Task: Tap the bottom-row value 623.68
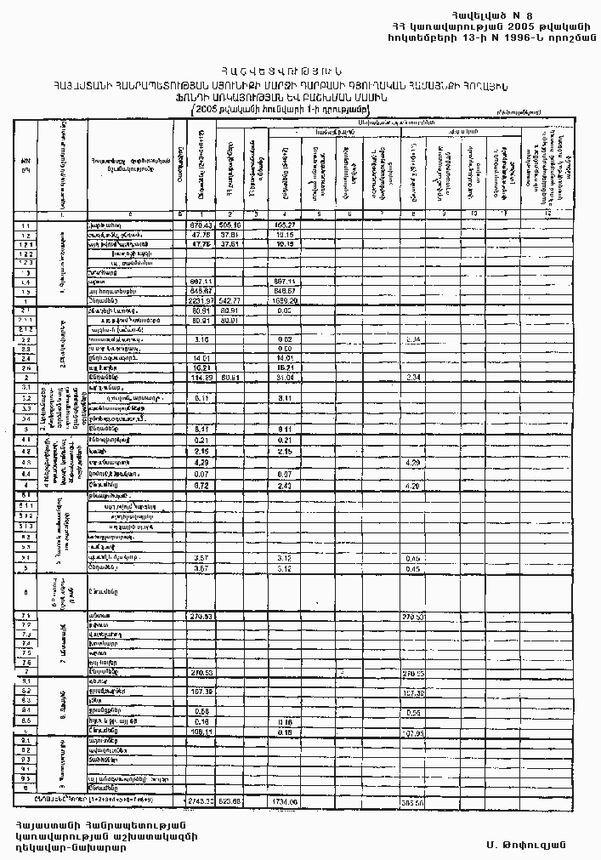231,801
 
